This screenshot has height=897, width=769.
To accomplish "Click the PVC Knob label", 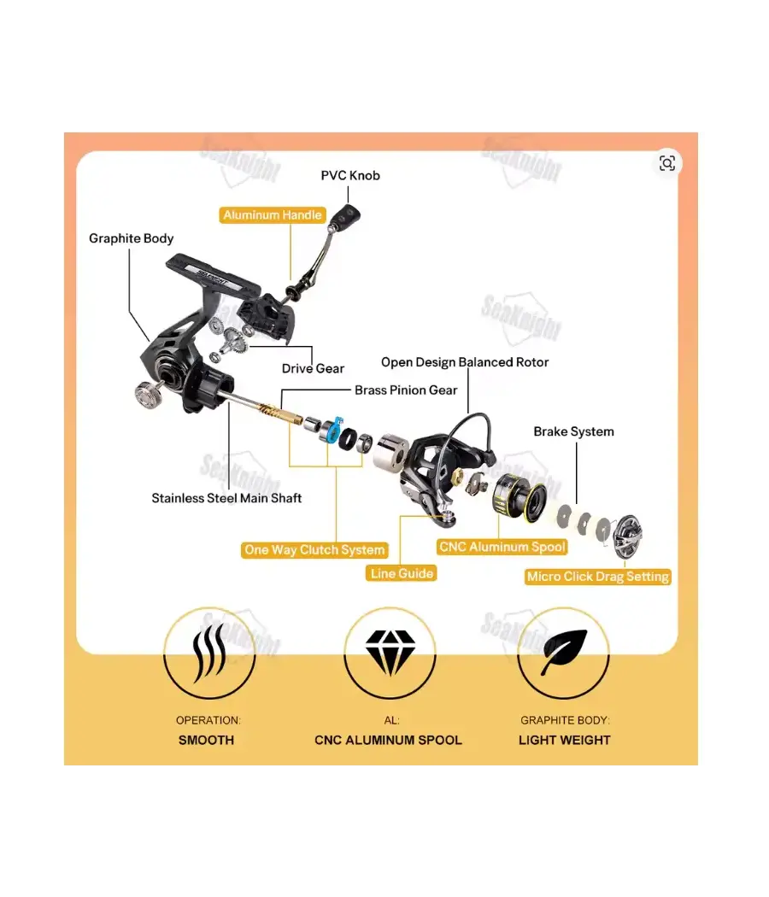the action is coord(350,176).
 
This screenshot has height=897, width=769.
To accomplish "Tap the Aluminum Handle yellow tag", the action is coord(273,215).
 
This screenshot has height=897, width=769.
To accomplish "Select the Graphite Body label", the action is coord(131,238).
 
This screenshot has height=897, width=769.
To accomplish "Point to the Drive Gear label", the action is coord(313,368).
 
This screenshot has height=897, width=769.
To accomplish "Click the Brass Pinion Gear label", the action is coord(406,390).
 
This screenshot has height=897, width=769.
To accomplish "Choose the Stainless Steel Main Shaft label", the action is coord(226,498).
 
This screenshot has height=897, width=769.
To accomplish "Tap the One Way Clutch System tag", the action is coord(314,550).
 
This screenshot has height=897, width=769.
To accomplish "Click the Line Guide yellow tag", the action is coord(401,573).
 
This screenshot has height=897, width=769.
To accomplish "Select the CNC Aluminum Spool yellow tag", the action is coord(502,547).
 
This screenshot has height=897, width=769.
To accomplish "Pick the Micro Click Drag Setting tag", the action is coord(598,577).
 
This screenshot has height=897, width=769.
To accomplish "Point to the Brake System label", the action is coord(573,432).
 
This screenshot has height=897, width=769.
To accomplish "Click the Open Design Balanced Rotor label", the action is coord(465,362).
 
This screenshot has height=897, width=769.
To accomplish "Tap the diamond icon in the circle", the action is coord(390,653).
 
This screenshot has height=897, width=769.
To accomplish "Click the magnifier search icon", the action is coord(667,164).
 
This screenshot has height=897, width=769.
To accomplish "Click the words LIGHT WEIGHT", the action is coord(564,741).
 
